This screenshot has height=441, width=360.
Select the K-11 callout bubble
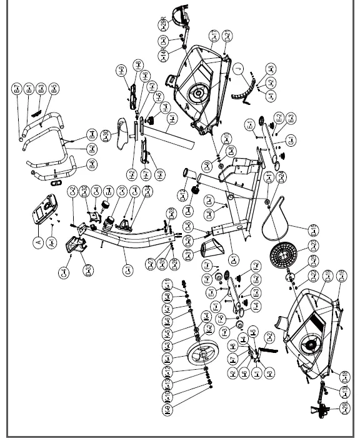point(167,285)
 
